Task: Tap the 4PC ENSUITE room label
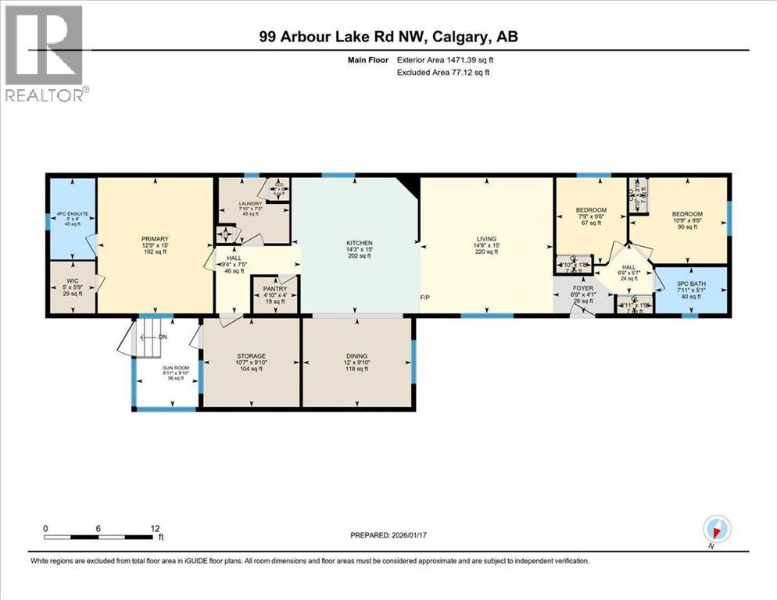[x=65, y=216]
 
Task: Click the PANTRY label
[x=275, y=288]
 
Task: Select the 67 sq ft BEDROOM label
[x=591, y=209]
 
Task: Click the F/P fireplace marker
[x=426, y=298]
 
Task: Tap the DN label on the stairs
[x=163, y=337]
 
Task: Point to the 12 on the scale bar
[x=156, y=528]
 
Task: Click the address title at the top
[x=388, y=36]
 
